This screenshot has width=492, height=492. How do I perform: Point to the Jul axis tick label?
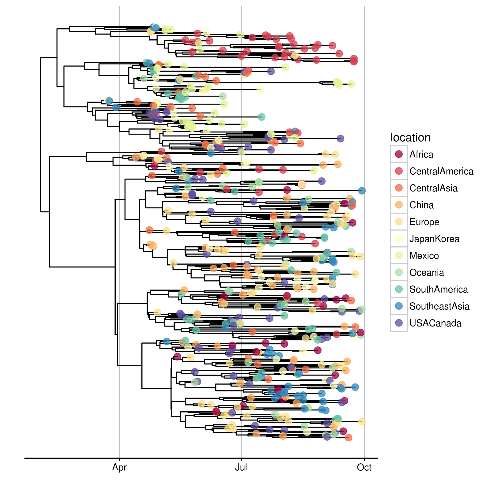click(241, 467)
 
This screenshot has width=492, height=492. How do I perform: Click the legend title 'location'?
click(410, 138)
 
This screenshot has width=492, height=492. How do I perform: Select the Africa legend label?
click(421, 154)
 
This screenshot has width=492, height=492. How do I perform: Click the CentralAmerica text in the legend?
click(441, 171)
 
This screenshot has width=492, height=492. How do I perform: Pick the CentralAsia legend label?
click(433, 188)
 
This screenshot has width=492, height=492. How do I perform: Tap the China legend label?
click(421, 205)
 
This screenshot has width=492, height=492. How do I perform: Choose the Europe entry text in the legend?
click(424, 222)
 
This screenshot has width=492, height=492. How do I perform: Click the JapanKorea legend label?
click(434, 239)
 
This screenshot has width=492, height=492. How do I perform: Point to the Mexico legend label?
click(424, 255)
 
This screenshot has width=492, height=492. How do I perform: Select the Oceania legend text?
click(427, 272)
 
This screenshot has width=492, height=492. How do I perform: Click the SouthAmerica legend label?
click(439, 289)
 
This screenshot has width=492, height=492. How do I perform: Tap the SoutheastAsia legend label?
click(439, 306)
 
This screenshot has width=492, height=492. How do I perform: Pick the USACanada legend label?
click(435, 323)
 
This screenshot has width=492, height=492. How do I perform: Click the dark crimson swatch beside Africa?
click(399, 154)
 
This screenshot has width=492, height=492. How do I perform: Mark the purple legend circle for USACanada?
click(399, 323)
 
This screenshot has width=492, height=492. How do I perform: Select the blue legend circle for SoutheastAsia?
click(399, 306)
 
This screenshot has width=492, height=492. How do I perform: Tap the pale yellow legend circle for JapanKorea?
click(399, 239)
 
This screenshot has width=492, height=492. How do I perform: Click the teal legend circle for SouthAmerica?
click(399, 289)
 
